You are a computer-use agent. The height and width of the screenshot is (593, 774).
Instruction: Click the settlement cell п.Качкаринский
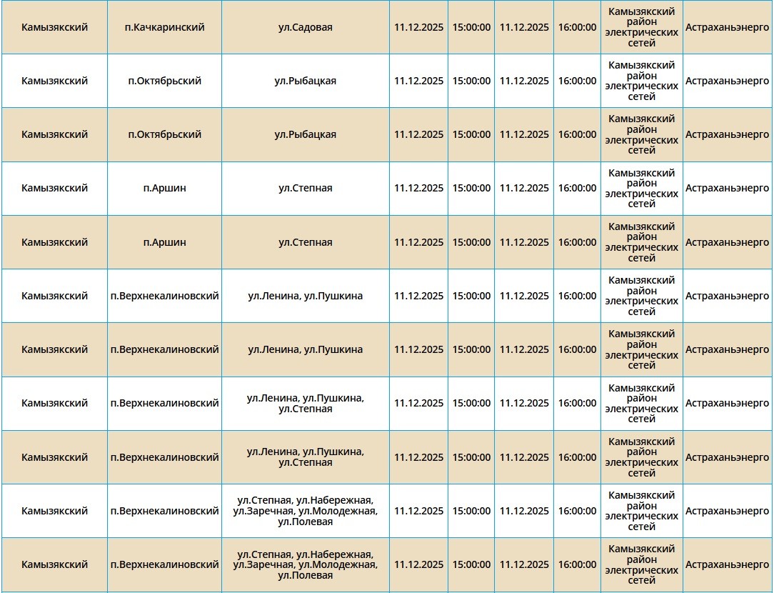click(164, 27)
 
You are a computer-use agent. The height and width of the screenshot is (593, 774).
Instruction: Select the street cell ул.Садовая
click(305, 27)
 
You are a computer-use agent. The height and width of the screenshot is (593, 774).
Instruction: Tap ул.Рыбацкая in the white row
click(305, 81)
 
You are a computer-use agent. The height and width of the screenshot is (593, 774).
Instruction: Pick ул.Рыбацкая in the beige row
click(305, 134)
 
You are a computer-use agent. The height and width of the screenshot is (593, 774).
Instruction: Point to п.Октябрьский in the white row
click(164, 81)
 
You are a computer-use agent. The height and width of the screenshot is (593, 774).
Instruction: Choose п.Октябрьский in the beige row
click(164, 134)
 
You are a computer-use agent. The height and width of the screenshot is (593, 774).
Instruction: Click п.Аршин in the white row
click(164, 188)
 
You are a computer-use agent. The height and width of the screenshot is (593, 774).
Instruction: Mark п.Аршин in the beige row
click(164, 242)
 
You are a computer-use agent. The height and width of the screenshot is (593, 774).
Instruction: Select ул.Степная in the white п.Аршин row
click(305, 188)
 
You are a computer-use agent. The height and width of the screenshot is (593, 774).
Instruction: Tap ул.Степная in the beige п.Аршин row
click(305, 242)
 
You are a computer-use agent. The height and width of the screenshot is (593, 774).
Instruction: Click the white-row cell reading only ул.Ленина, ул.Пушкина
click(305, 296)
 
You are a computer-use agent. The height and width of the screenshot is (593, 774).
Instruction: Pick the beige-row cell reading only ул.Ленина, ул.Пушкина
click(305, 349)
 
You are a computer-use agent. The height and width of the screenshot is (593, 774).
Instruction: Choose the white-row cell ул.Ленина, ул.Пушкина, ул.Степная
click(305, 403)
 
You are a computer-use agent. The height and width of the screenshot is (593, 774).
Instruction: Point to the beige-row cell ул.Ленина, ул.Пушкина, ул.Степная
click(305, 457)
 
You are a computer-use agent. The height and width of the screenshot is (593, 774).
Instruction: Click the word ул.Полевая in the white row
click(305, 522)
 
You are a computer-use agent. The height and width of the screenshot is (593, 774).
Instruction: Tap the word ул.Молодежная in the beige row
click(337, 564)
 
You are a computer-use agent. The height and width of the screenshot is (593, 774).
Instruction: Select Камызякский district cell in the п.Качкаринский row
click(54, 27)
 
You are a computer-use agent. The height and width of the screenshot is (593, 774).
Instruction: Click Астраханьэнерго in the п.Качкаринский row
click(727, 27)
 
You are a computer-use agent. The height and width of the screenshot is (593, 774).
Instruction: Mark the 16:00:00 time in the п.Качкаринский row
click(577, 27)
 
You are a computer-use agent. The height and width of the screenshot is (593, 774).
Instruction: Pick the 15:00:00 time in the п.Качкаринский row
click(471, 27)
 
